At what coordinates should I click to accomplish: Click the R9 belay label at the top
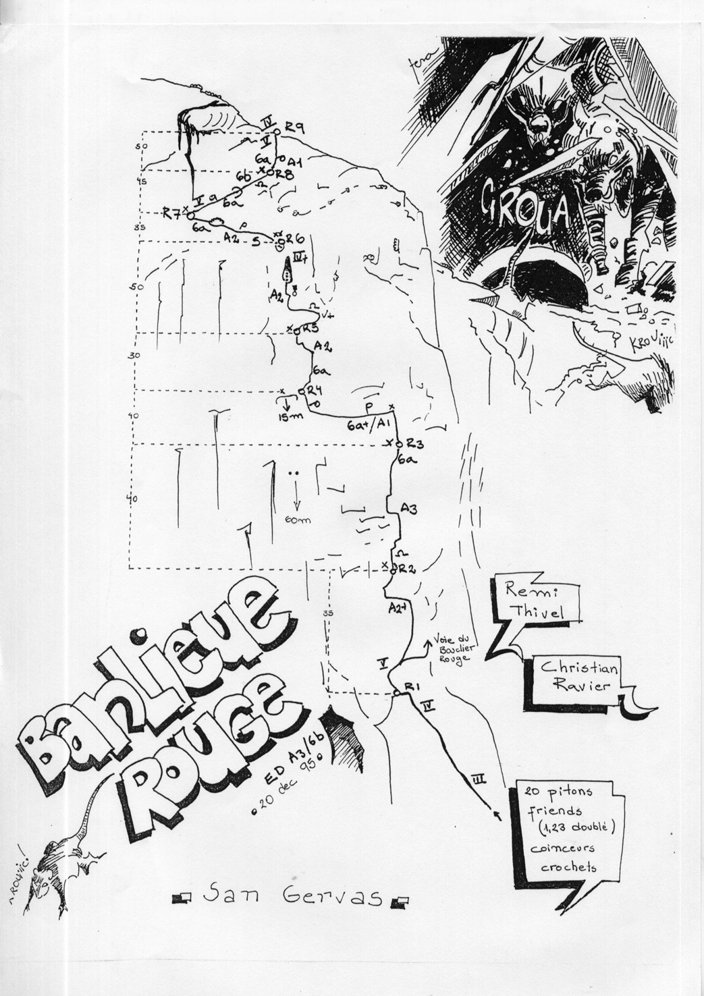[x=294, y=126]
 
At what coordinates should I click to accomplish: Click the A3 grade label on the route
[x=408, y=511]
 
